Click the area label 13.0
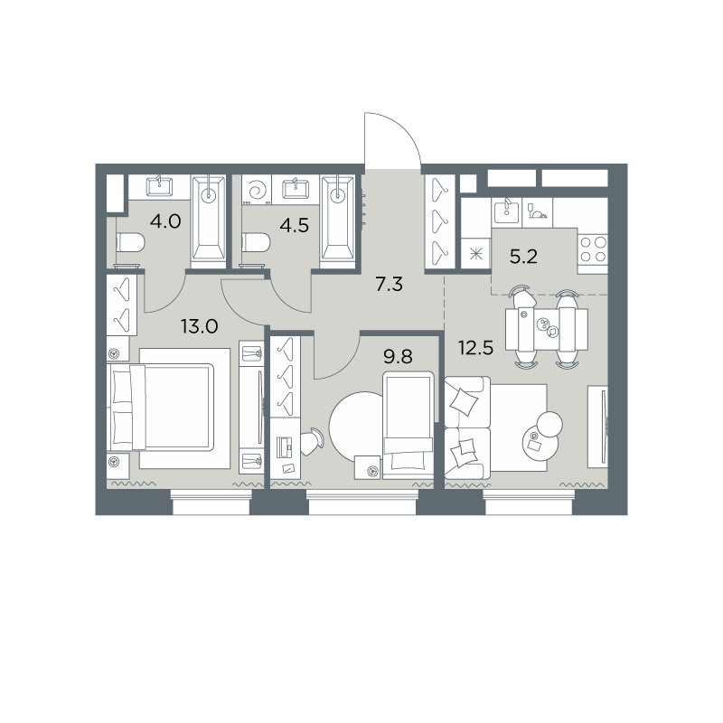[x=199, y=327]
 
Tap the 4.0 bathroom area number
[x=165, y=221]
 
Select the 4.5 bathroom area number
[x=295, y=225]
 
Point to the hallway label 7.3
[x=390, y=285]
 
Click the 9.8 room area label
[x=398, y=356]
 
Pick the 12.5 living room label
[x=476, y=348]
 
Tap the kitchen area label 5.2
[x=524, y=257]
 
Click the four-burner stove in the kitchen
[x=593, y=249]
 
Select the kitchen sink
[x=507, y=211]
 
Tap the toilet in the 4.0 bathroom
[x=130, y=242]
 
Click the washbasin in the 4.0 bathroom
[x=160, y=187]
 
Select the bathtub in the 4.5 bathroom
[x=338, y=221]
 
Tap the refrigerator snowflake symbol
[x=476, y=253]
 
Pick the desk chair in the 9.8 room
[x=313, y=441]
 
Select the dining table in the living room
[x=547, y=329]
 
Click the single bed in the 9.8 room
[x=408, y=425]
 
